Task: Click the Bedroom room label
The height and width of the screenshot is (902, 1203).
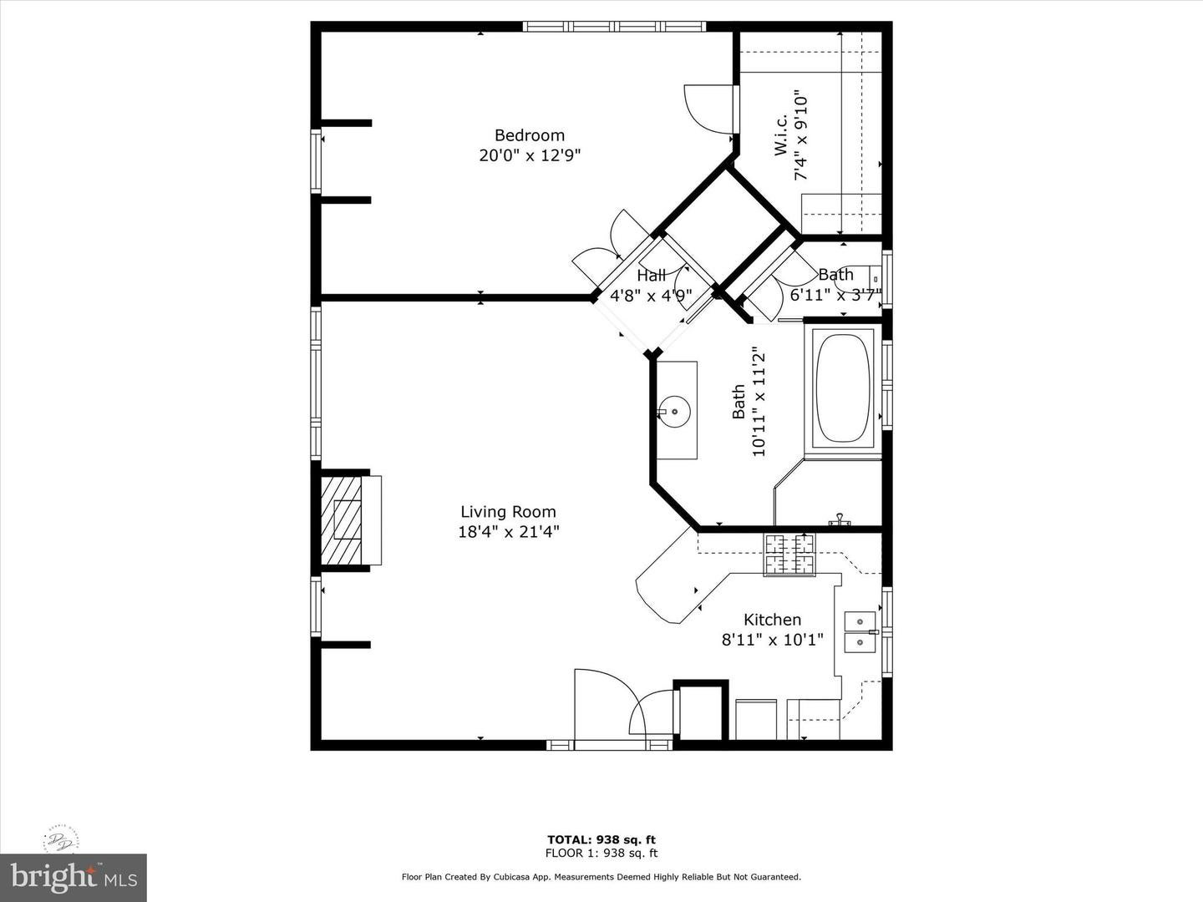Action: pyautogui.click(x=529, y=135)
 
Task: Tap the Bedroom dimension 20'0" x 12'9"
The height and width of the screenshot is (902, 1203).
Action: pyautogui.click(x=529, y=155)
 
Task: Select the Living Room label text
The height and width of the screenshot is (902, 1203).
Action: pyautogui.click(x=508, y=512)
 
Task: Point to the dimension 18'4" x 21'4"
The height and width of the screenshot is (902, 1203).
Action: pyautogui.click(x=508, y=532)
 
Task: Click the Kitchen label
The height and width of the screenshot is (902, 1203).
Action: pyautogui.click(x=772, y=620)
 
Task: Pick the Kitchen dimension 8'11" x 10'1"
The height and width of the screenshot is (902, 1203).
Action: pyautogui.click(x=772, y=640)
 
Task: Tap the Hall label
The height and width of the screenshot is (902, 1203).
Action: pyautogui.click(x=651, y=276)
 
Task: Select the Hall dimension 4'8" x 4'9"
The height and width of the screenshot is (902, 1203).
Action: pyautogui.click(x=651, y=296)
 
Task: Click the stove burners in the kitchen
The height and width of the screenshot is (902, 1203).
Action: pyautogui.click(x=788, y=555)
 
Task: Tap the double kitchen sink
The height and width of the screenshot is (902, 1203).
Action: pyautogui.click(x=860, y=631)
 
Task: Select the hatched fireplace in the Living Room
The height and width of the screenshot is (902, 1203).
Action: pyautogui.click(x=343, y=520)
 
